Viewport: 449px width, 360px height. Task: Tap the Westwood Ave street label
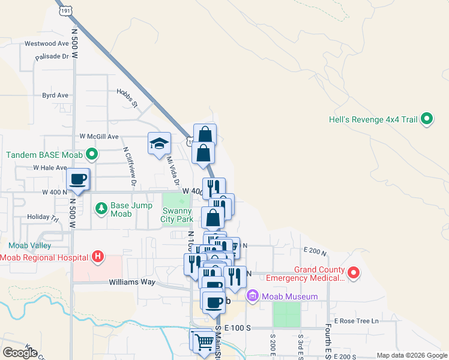click(x=47, y=44)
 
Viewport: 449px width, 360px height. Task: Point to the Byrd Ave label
click(x=55, y=95)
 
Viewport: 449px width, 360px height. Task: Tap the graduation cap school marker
click(x=160, y=144)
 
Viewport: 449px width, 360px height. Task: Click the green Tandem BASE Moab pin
click(x=91, y=155)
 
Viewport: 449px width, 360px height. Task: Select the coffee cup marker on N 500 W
click(x=77, y=179)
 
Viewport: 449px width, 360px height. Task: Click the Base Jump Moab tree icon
click(x=101, y=208)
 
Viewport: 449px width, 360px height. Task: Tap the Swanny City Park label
click(x=176, y=215)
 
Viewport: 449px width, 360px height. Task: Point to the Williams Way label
click(x=132, y=282)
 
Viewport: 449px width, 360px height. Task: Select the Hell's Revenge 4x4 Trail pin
click(x=427, y=119)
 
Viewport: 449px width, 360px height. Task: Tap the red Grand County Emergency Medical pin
click(x=354, y=274)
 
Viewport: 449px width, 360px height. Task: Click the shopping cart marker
click(x=204, y=341)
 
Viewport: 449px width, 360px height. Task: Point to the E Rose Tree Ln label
click(x=357, y=321)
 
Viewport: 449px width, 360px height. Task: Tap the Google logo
click(x=20, y=352)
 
